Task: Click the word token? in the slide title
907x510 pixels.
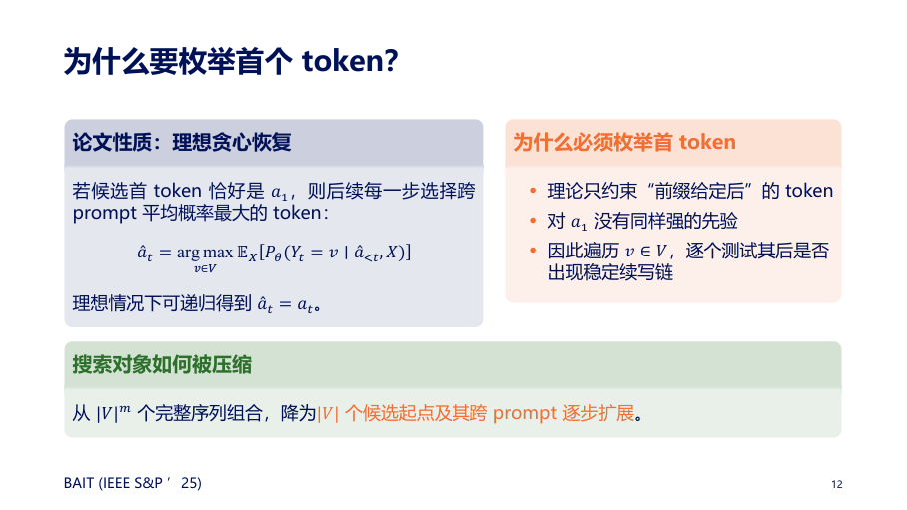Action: pos(350,60)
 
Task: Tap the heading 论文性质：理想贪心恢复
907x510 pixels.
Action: pos(182,143)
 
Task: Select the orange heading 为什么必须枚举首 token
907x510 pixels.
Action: pos(624,143)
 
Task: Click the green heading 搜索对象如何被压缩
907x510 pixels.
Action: pos(162,365)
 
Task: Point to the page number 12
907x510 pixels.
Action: pos(836,485)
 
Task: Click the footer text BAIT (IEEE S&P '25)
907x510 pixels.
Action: pos(133,483)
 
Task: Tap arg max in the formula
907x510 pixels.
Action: pos(204,253)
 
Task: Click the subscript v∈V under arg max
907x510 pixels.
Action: pos(205,268)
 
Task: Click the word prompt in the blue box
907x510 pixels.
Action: pos(105,214)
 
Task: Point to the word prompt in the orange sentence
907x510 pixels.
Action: pos(525,413)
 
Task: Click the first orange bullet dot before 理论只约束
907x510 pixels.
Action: pos(533,191)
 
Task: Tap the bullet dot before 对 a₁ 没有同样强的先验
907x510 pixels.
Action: pos(533,221)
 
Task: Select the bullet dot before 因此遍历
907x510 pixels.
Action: pos(533,251)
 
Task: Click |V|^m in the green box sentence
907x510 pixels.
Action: pos(114,413)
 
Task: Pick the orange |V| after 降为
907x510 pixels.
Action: pos(328,413)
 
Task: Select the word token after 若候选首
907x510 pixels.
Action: pos(177,191)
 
